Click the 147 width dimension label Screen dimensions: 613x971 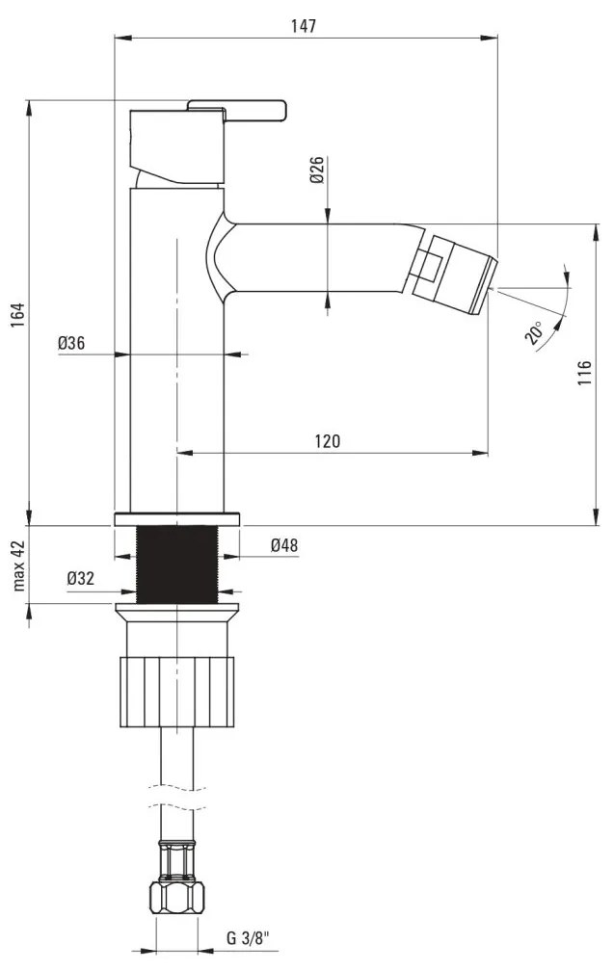tap(304, 26)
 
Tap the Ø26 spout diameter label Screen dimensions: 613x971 tap(317, 170)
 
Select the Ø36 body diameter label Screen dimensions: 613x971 tap(71, 343)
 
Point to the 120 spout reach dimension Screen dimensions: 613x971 tap(328, 441)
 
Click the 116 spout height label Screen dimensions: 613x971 tap(584, 373)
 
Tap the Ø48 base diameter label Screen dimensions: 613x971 tap(284, 545)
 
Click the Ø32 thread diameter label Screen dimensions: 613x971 tap(81, 578)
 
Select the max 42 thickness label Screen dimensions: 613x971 tap(19, 565)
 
